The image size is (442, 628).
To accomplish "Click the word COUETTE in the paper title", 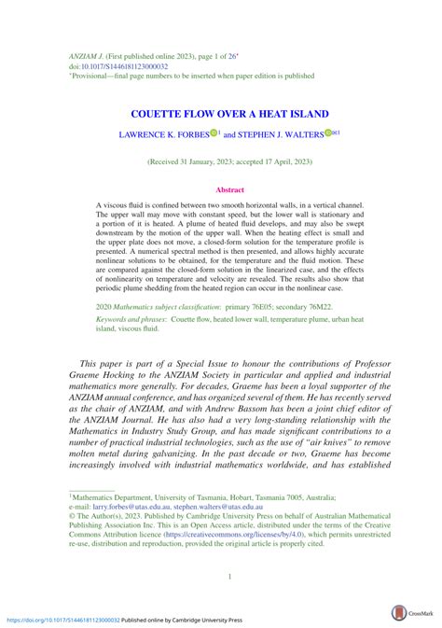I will [153, 114].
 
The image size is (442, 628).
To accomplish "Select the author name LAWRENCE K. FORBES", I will [163, 134].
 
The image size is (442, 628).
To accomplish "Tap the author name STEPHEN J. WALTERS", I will [281, 134].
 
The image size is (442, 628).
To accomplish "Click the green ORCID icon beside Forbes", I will [213, 133].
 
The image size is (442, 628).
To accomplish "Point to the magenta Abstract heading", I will [229, 189].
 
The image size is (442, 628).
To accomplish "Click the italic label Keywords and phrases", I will [135, 319].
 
